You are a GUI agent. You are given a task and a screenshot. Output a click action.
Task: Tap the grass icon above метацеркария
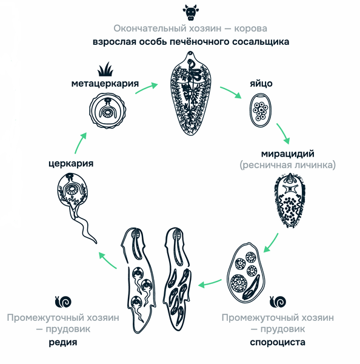point(105,69)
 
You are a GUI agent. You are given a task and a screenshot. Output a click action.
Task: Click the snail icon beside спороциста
point(278,302)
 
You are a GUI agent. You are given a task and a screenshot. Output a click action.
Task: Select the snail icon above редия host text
point(63,302)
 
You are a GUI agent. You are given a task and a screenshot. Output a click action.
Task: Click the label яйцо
point(261,84)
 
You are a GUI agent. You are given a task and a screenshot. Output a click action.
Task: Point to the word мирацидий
point(288,153)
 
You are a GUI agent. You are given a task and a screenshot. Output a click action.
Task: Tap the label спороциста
point(278,342)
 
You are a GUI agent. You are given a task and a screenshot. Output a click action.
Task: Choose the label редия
point(63,342)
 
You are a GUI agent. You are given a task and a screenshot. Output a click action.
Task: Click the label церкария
point(71,163)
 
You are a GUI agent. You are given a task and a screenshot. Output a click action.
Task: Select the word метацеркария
point(105,84)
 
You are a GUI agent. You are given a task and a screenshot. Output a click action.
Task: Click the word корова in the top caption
point(250,29)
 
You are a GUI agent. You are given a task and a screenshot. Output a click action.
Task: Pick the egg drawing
point(261,110)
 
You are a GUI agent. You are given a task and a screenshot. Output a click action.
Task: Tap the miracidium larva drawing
point(290,201)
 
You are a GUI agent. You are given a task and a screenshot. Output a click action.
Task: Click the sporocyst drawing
point(246,274)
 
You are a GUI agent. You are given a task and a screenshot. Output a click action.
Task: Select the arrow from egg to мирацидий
point(283,133)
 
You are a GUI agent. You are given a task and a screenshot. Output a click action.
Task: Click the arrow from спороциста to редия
point(210,283)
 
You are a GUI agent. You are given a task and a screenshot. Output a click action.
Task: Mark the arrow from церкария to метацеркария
point(80,143)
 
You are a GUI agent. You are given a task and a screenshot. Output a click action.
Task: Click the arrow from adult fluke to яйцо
point(231,92)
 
